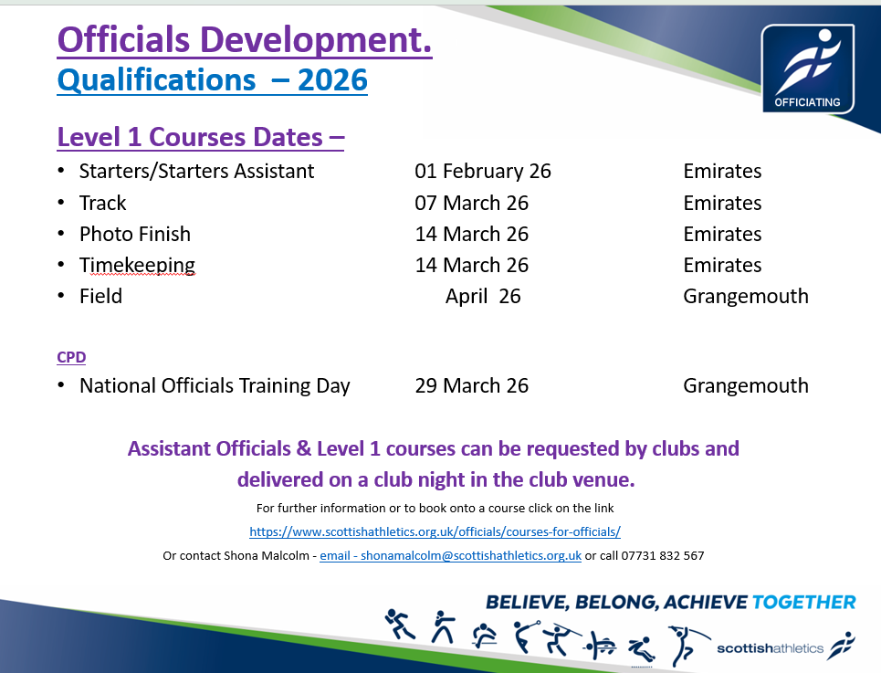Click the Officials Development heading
tap(245, 40)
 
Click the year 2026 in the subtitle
tap(332, 79)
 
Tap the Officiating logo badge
tap(807, 68)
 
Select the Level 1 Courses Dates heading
tap(201, 137)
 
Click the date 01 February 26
tap(483, 171)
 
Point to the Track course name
tap(103, 203)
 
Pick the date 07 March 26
tap(471, 203)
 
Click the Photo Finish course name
tap(135, 234)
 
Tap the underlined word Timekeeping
tap(137, 265)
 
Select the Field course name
tap(100, 296)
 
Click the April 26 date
tap(483, 296)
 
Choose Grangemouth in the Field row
tap(746, 296)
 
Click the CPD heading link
tap(71, 357)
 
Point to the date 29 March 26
tap(471, 385)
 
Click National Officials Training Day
tap(215, 386)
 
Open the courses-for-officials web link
tap(435, 531)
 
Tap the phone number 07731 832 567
tap(663, 555)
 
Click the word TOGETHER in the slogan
tap(803, 602)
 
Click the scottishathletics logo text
tap(770, 648)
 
